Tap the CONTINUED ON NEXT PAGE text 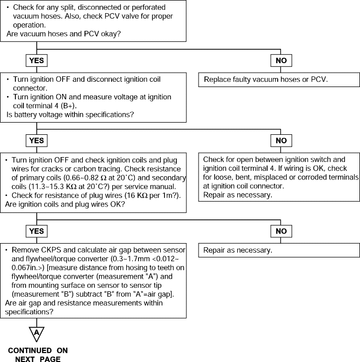click(38, 355)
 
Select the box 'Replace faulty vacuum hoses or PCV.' click(279, 80)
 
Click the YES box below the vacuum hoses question click(37, 61)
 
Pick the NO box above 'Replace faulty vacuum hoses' click(281, 61)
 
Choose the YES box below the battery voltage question click(37, 141)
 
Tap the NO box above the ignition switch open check click(281, 141)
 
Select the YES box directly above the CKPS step click(37, 231)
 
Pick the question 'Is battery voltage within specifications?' click(70, 115)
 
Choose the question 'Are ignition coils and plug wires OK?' click(65, 204)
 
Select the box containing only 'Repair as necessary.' click(279, 250)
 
